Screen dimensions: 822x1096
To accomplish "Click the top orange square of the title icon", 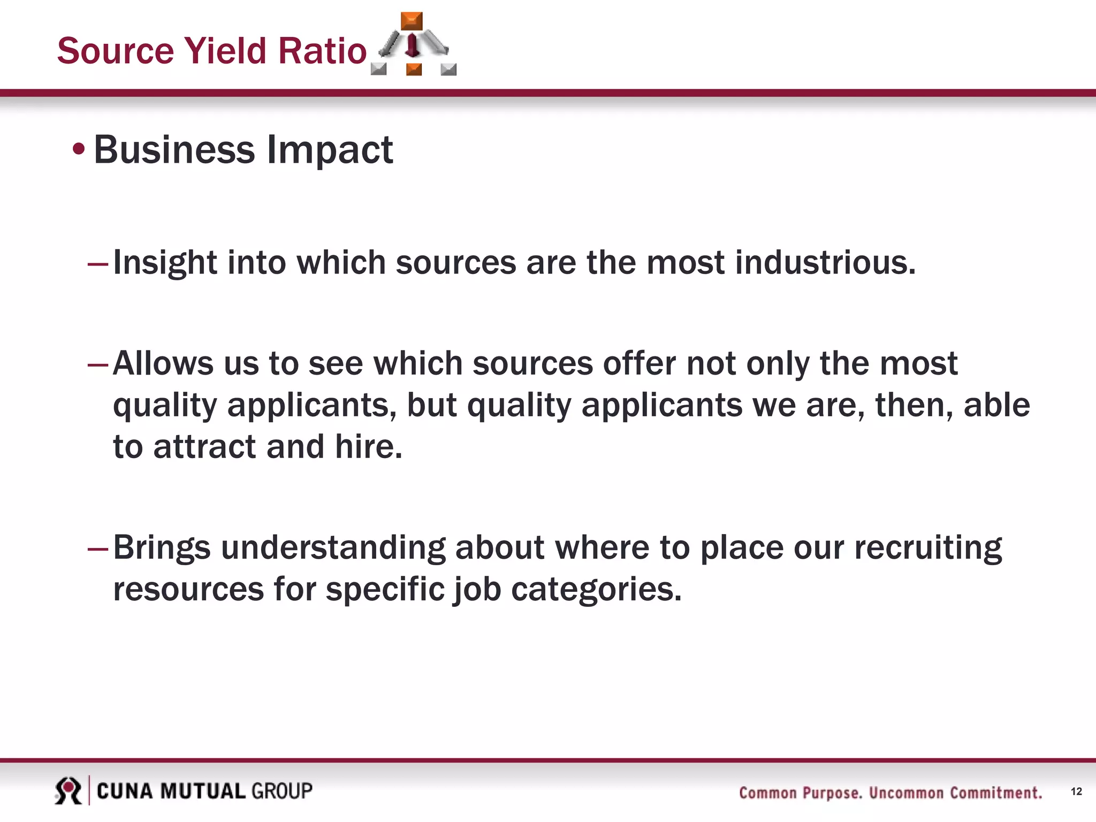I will tap(412, 21).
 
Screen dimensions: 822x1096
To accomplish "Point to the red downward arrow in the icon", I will tap(412, 46).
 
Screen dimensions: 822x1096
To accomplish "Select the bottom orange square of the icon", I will tap(414, 69).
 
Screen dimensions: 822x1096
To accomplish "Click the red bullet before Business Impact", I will tap(79, 149).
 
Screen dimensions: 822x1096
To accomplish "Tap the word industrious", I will tap(825, 263).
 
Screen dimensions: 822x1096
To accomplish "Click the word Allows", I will tap(163, 363).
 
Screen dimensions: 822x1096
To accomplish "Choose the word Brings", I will tap(162, 547).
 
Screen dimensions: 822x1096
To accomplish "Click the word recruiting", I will tap(927, 547).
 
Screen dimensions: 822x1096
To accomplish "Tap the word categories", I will tap(596, 589).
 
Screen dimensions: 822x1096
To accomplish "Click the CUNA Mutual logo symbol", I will tap(68, 790).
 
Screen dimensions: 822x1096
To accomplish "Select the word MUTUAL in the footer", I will tap(202, 791).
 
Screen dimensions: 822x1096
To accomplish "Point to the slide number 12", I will tap(1076, 791).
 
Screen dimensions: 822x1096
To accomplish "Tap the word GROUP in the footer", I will tap(281, 791).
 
